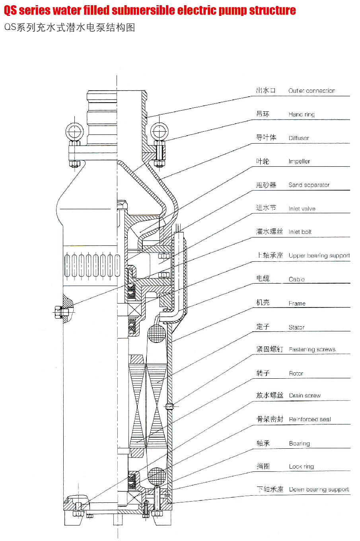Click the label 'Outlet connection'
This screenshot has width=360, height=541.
point(311,91)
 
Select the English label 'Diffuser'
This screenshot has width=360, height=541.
point(299,138)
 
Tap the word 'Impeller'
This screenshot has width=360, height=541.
point(299,161)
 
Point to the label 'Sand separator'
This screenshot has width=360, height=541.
point(309,185)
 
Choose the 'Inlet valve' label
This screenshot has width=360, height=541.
point(302,208)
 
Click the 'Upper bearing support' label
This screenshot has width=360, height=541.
point(319,255)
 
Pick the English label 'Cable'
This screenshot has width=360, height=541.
point(296,279)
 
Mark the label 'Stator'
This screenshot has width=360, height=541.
point(296,327)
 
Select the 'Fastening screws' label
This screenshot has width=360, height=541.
point(312,350)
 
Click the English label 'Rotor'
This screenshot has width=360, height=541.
point(296,374)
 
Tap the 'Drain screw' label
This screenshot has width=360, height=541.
point(305,395)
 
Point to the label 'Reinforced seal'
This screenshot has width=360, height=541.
point(310,419)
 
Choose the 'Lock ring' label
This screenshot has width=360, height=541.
point(301,467)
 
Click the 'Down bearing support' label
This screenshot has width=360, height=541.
point(319,490)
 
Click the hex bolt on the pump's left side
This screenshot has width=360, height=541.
point(59,312)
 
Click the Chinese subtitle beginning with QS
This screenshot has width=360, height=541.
point(70,27)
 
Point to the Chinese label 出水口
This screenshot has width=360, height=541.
point(266,90)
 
